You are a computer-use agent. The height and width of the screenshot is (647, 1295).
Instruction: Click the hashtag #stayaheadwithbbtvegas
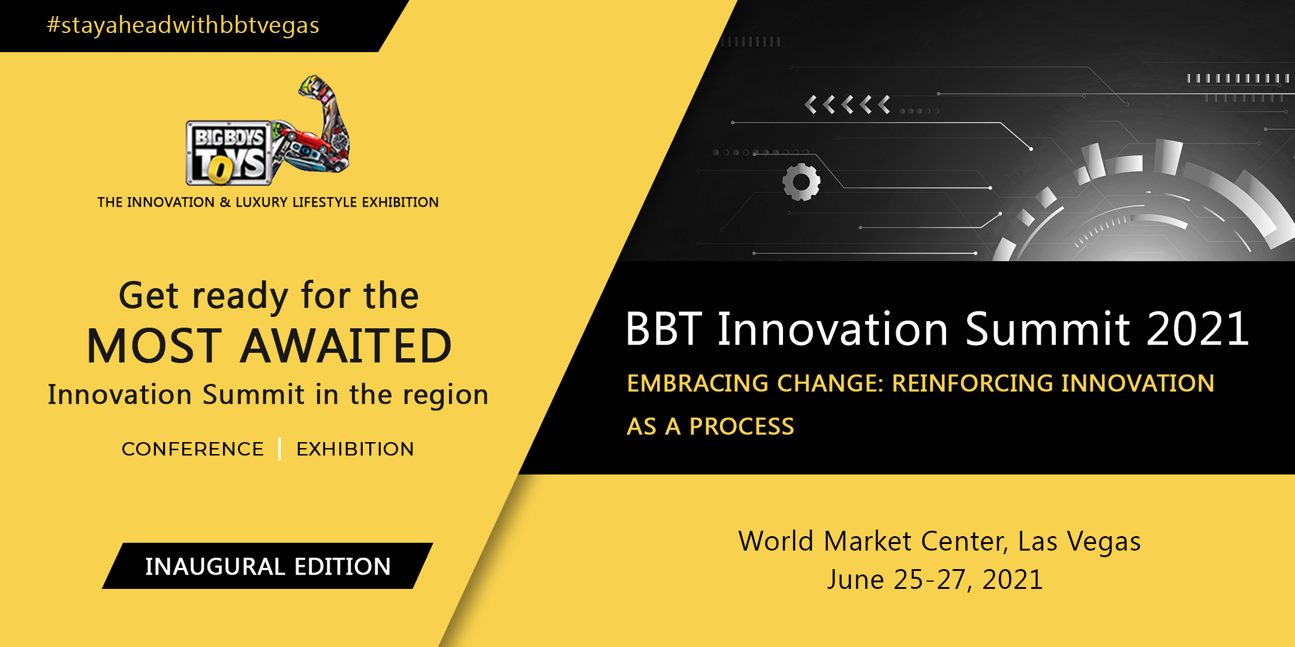coord(183,25)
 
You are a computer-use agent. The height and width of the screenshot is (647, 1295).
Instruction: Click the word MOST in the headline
coord(154,346)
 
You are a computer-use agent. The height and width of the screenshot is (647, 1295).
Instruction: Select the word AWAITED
coord(346,346)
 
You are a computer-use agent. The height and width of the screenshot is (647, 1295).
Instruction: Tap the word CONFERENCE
coord(192,449)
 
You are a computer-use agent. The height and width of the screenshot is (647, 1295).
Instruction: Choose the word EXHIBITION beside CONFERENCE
coord(355,449)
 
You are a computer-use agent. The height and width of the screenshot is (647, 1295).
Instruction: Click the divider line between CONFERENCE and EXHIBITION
coord(280,449)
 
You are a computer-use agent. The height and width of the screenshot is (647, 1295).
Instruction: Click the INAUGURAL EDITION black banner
coord(267,566)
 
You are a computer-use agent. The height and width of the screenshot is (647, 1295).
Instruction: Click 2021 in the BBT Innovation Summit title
coord(1197,329)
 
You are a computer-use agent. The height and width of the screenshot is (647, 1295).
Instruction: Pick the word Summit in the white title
coord(1047,329)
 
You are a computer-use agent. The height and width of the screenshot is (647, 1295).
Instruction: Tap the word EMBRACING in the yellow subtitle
coord(697,383)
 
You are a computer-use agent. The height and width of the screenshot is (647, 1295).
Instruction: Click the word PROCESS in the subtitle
coord(742,427)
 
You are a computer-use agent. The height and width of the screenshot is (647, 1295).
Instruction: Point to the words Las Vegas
coord(1079,542)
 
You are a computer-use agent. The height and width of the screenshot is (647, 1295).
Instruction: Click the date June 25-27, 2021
coord(935,580)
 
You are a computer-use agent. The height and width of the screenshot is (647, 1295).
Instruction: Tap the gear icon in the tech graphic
coord(802,182)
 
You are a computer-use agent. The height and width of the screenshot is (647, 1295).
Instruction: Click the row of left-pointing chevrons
coord(847,105)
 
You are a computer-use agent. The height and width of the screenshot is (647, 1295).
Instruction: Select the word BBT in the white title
coord(663,329)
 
